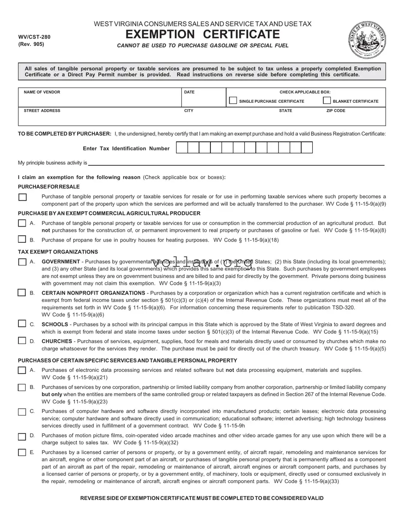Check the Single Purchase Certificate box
[x=233, y=101]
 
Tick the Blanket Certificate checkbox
[x=326, y=101]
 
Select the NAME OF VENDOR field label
[x=42, y=92]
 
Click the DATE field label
[x=189, y=92]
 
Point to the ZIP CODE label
[x=335, y=111]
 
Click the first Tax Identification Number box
[x=182, y=148]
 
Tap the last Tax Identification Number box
[x=307, y=148]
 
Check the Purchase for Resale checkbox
[x=22, y=197]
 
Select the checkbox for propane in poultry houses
[x=22, y=239]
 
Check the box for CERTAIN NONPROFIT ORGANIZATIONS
[x=22, y=293]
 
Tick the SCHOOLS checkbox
[x=22, y=324]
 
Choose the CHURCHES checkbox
[x=22, y=341]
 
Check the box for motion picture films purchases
[x=22, y=436]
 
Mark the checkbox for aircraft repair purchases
[x=22, y=452]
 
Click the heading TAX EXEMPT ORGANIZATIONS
[x=58, y=252]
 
